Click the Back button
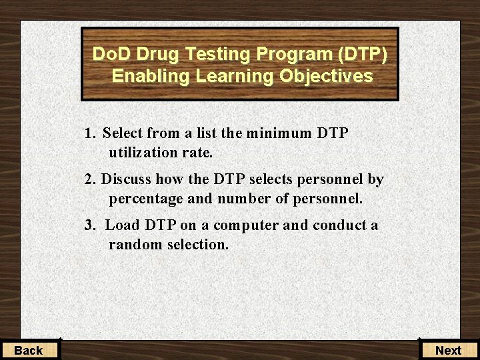coord(29,350)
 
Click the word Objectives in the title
coord(326,76)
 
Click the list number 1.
coord(89,133)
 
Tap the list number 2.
coord(89,179)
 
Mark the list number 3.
coord(89,225)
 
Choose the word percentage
coord(145,199)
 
